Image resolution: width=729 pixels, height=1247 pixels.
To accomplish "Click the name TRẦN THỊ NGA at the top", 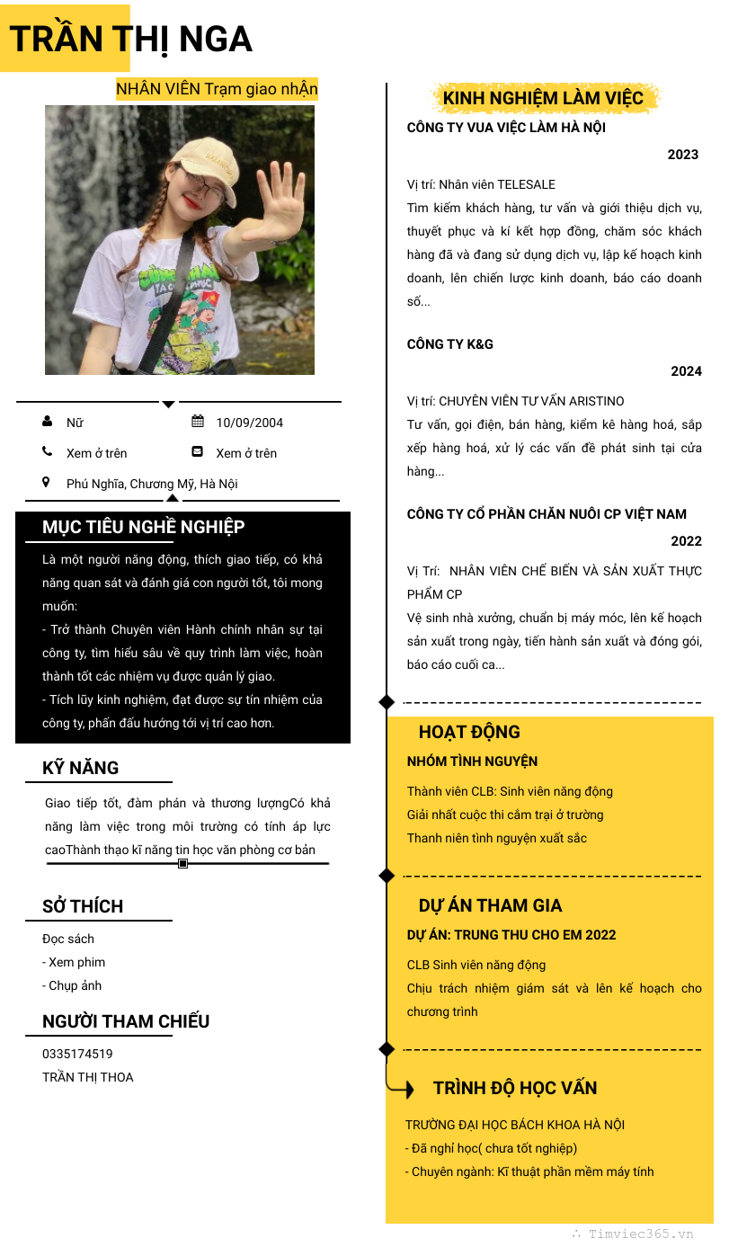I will point(130,40).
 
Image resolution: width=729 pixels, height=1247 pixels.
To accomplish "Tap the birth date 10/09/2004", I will point(249,423).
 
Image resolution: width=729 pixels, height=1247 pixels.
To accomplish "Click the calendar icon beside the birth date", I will point(198,422).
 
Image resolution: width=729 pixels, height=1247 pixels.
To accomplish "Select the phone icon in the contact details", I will point(47,452).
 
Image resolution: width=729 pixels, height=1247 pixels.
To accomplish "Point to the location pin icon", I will point(47,483).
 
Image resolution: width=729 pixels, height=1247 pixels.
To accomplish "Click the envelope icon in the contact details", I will point(198,452).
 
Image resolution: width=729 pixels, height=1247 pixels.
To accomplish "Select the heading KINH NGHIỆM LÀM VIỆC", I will point(543,98).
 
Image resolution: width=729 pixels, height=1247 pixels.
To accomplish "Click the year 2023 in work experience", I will point(682,155).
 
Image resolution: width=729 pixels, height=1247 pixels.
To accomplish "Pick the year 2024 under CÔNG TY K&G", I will point(686,371).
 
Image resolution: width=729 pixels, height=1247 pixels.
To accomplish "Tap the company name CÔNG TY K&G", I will point(449,344).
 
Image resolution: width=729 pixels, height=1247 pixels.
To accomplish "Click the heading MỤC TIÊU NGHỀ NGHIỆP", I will point(143,527).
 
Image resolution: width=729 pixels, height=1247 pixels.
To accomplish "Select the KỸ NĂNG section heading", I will point(80,768).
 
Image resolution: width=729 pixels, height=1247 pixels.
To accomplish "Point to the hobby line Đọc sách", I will point(68,939).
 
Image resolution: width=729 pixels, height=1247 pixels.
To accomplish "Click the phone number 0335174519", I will point(77,1054).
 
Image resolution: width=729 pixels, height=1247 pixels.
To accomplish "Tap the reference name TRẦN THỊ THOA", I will point(87,1077).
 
